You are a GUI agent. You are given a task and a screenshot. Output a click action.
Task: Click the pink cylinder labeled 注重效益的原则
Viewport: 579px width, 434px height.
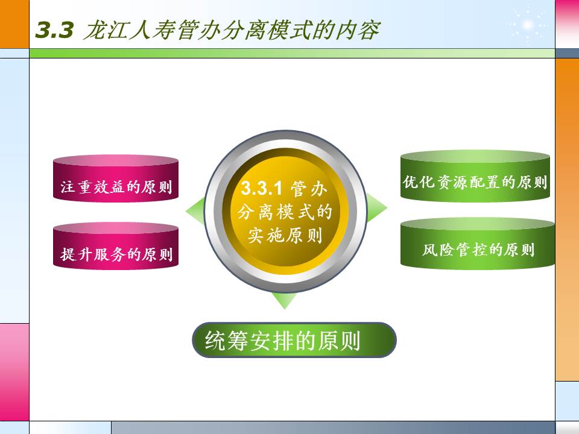pos(116,178)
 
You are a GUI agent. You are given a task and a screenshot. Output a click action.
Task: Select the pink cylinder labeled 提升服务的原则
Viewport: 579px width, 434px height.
pos(116,247)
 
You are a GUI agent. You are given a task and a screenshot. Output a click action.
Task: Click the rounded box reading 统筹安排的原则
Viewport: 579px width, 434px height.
pos(294,341)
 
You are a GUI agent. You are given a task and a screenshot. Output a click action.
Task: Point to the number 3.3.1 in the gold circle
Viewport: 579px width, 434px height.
pos(262,189)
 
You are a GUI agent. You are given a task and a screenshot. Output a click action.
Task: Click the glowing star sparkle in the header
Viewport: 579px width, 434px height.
pos(528,24)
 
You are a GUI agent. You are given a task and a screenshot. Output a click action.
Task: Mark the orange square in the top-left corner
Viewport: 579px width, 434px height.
pos(14,24)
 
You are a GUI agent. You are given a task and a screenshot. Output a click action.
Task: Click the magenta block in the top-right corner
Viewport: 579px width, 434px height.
pos(567,23)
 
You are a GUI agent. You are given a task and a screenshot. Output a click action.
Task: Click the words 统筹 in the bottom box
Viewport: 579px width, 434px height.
pos(224,341)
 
